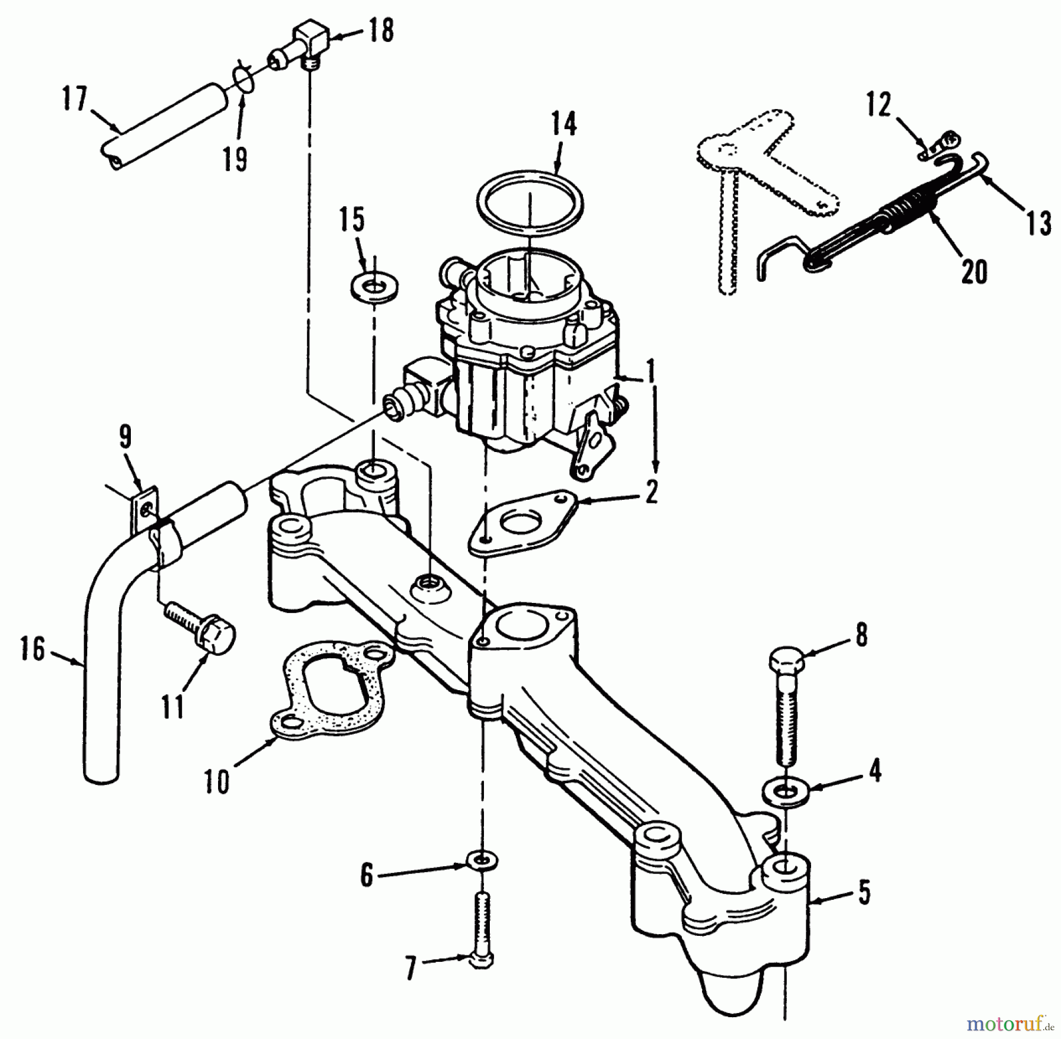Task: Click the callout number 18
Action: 381,31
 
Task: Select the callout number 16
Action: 32,649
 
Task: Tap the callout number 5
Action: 864,892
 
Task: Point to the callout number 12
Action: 878,107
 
